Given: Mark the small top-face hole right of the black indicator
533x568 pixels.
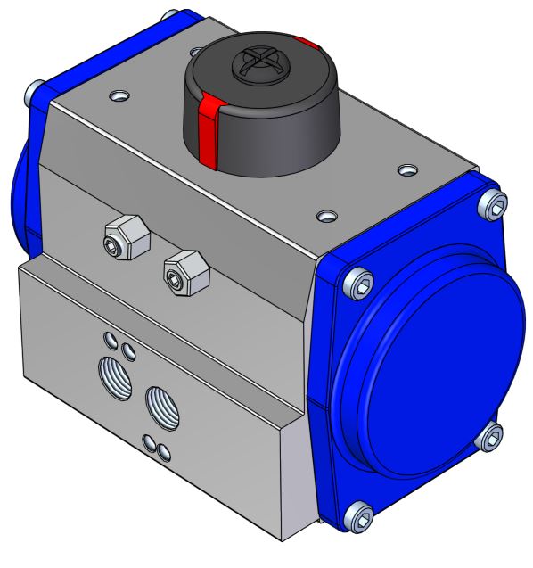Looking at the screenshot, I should tap(406, 169).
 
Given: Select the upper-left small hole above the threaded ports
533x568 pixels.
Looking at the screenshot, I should tap(110, 338).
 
